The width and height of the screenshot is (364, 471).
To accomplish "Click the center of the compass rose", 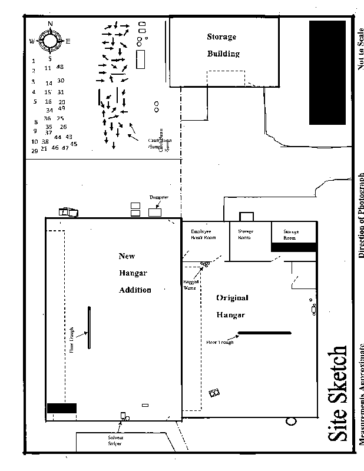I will pos(49,41).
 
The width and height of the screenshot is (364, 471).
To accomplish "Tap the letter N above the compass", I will pos(50,24).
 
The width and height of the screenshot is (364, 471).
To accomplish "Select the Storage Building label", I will pos(221,45).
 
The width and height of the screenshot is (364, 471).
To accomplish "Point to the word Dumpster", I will pos(159,197).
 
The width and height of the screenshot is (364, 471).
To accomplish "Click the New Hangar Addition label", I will pos(135,273).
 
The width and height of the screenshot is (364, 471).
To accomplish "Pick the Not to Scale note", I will pos(360,47).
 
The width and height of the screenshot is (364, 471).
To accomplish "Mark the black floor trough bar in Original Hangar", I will pos(264,333).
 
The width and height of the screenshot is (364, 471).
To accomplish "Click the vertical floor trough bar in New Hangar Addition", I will pos(89,328).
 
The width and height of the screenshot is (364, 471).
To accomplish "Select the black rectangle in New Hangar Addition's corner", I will pos(62,408).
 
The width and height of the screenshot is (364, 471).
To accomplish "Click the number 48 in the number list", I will pos(60,67).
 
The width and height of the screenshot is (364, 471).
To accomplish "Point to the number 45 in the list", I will pos(74,144).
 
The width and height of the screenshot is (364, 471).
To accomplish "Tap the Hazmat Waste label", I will pos(190,286).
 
